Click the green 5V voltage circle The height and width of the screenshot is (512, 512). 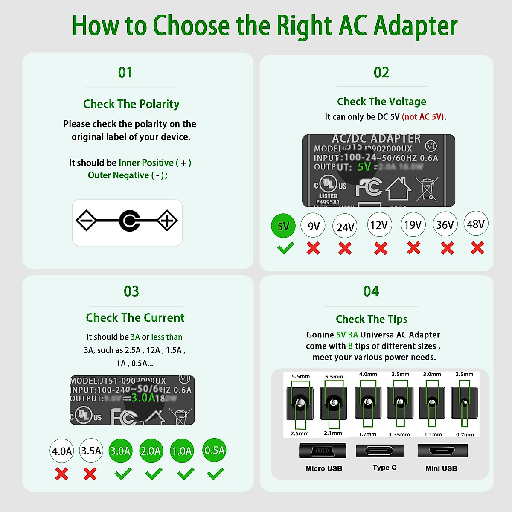283,226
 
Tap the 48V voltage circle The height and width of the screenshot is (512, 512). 476,224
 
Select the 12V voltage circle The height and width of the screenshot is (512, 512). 379,225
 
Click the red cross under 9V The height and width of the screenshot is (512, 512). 314,248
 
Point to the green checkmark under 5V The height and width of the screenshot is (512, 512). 285,248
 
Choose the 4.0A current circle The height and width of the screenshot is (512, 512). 62,451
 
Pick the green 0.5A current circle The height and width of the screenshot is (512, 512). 214,450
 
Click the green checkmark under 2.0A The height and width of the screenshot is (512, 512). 154,474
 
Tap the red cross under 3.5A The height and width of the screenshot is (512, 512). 90,474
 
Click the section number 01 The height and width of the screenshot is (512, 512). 125,73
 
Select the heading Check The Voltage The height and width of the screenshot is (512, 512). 381,102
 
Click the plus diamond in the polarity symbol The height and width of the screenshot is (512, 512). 167,221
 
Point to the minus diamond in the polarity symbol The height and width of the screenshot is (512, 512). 87,221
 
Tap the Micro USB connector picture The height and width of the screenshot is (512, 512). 323,451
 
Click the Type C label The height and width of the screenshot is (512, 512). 384,468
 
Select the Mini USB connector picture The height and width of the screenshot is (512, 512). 442,451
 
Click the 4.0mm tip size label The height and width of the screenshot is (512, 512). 368,374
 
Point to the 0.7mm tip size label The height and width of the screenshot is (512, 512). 465,435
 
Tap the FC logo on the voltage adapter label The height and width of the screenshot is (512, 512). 369,187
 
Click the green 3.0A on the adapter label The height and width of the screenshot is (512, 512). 143,398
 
